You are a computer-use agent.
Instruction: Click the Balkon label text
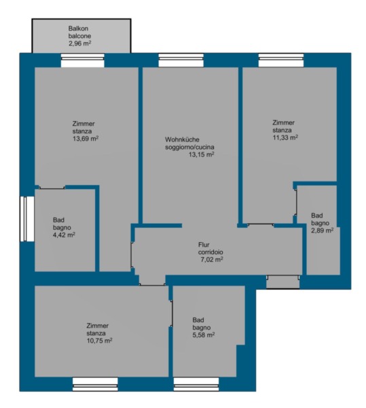78,29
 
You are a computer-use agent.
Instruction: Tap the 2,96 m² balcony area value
79,44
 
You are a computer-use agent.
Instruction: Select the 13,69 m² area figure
86,139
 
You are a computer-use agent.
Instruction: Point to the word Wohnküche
182,139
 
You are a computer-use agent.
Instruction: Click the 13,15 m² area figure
201,154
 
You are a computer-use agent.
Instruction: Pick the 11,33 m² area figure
285,137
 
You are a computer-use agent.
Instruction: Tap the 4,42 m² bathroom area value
64,235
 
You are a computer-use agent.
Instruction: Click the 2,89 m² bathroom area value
323,231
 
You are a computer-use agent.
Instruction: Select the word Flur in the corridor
204,245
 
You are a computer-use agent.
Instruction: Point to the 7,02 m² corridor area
212,260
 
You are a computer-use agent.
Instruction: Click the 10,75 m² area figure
100,341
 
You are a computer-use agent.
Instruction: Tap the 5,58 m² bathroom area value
204,335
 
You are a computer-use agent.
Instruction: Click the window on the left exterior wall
27,219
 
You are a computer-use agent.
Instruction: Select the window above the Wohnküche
181,61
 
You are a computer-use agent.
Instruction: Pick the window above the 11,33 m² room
281,61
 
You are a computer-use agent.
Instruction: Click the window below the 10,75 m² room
95,384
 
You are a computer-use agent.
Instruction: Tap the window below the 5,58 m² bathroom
196,384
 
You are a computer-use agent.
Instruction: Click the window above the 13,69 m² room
83,61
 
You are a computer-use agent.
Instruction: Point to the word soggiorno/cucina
190,148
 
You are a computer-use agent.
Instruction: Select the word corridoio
211,252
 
